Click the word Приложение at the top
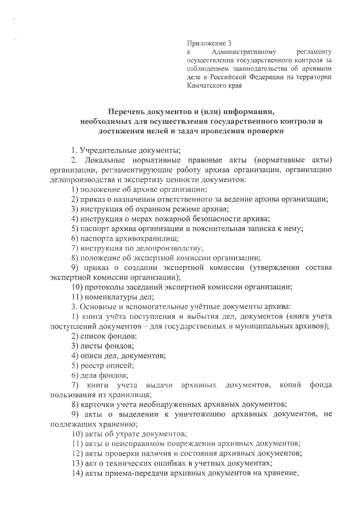pos(205,43)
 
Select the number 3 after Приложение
pos(229,43)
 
